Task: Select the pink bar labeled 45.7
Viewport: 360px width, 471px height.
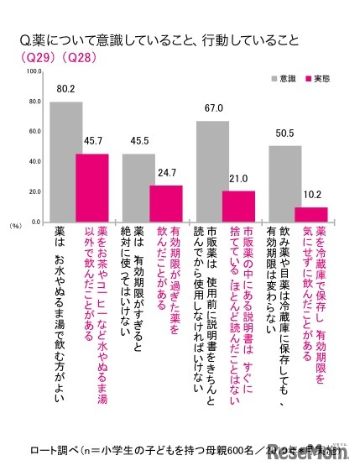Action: [x=92, y=188]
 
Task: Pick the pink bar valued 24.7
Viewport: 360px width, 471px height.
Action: [x=165, y=204]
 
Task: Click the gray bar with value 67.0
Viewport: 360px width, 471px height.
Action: [x=212, y=172]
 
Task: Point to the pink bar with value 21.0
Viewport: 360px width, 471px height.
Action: [x=239, y=207]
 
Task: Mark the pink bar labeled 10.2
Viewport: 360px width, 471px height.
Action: [x=312, y=215]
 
